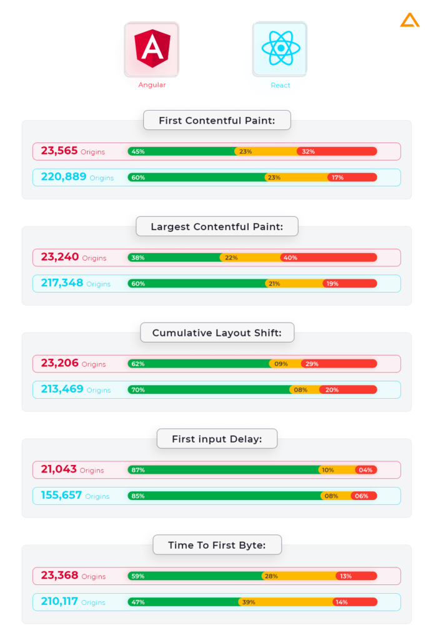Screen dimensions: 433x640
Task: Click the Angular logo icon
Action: (x=152, y=49)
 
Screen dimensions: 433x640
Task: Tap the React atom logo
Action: (x=281, y=48)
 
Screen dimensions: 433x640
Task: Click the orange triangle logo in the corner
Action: (x=410, y=20)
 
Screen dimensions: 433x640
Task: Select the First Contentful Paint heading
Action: (x=217, y=121)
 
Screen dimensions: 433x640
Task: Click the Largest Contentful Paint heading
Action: (x=217, y=226)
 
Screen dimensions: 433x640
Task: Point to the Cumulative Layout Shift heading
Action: (x=217, y=332)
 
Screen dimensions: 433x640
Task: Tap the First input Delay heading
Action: (x=217, y=439)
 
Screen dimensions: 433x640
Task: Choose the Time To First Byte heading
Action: (x=217, y=545)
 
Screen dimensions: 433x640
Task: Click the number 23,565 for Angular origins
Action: (x=59, y=151)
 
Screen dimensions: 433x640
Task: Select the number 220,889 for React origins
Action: (x=64, y=177)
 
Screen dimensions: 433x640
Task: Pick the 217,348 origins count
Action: (x=62, y=283)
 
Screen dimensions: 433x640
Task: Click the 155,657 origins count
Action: (x=61, y=495)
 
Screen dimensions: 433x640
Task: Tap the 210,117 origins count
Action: (x=59, y=601)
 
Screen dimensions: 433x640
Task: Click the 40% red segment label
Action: (x=290, y=257)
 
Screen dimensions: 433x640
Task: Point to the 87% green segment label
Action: (x=138, y=470)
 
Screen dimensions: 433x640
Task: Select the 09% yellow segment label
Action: (x=281, y=364)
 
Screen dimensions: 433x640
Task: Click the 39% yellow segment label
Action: (x=249, y=602)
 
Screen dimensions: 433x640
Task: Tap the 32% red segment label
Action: (x=308, y=151)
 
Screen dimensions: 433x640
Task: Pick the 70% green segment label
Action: (x=138, y=390)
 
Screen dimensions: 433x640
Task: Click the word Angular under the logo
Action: (x=152, y=85)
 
